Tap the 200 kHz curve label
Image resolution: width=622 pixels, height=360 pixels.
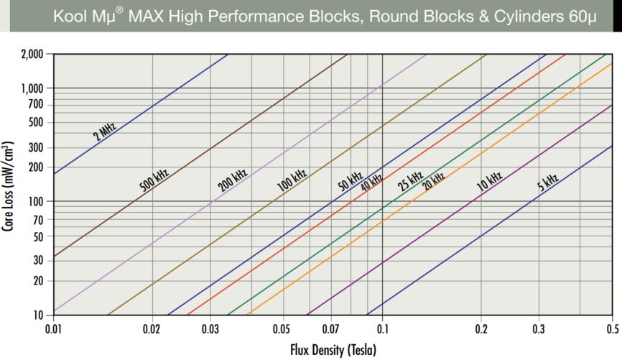(231, 180)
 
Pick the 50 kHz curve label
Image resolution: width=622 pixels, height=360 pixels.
(350, 182)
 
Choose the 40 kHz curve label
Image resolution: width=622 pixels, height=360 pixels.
(371, 183)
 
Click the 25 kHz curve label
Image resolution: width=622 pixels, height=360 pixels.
(411, 181)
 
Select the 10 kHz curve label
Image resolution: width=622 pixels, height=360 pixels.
(490, 180)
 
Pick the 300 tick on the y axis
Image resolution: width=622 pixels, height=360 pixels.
(37, 148)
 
